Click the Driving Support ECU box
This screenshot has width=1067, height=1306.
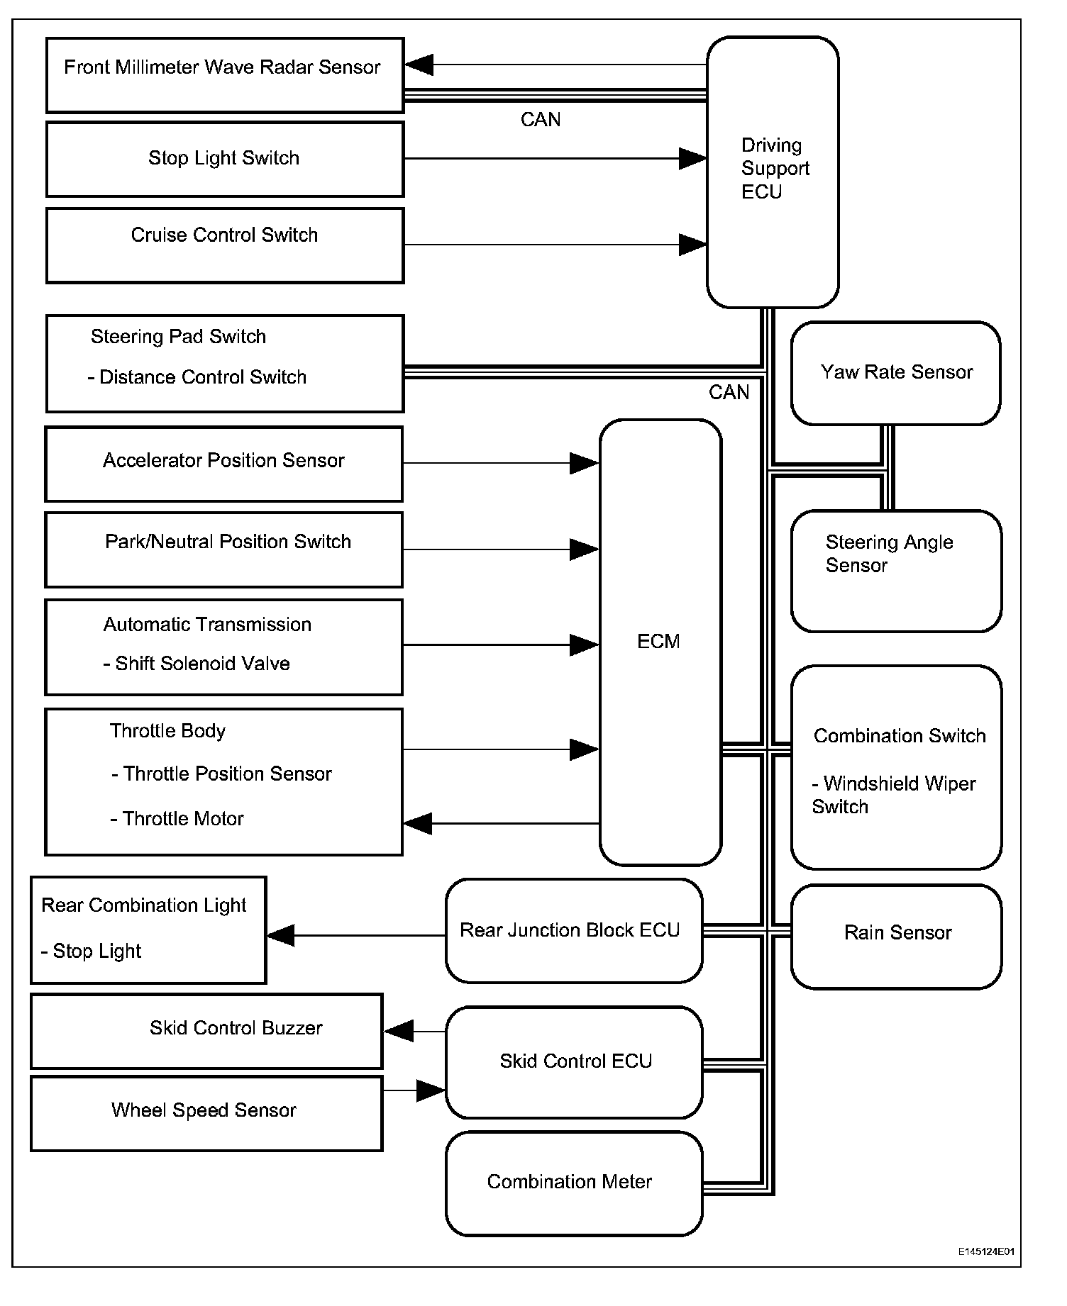coord(773,172)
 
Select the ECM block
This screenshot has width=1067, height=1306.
coord(660,642)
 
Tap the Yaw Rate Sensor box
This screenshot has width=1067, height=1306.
coord(896,373)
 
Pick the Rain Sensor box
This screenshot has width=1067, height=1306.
coord(897,936)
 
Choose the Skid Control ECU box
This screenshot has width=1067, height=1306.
coord(574,1062)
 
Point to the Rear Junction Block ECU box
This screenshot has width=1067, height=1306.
coord(574,930)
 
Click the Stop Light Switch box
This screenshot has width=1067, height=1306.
coord(225,159)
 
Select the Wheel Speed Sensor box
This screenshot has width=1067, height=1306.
coord(206,1113)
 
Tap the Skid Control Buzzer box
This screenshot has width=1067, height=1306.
coord(206,1031)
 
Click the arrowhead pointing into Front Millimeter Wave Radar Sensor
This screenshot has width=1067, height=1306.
coord(419,65)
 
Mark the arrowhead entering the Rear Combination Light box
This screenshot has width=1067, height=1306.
coord(281,935)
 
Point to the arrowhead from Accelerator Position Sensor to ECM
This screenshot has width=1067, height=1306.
coord(585,463)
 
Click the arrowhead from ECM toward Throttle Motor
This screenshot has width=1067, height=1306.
coord(418,823)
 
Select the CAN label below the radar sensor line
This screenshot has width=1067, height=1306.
coord(541,119)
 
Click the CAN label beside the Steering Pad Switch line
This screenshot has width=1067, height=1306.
coord(729,392)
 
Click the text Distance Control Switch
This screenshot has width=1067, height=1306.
coord(203,376)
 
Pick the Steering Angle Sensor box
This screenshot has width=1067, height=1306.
coord(897,571)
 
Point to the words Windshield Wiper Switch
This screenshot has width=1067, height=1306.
coord(894,795)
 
